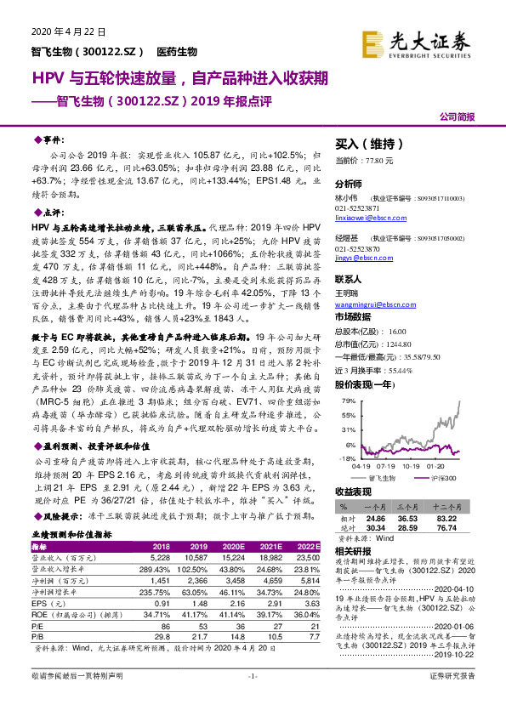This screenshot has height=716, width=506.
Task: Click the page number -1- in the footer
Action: [x=252, y=700]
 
